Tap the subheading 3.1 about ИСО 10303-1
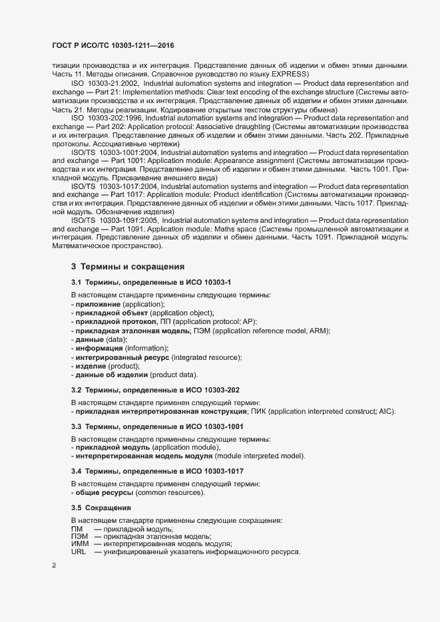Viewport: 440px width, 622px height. [x=151, y=283]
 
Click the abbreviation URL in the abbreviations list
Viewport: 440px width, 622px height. [x=79, y=553]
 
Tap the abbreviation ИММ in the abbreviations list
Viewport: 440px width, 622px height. [x=80, y=544]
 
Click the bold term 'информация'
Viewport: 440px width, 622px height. [x=99, y=348]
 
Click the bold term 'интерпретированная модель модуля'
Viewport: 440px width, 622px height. [x=144, y=456]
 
